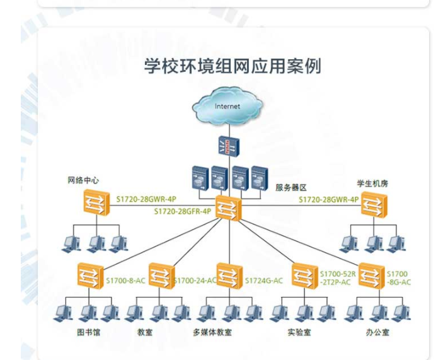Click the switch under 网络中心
[x=96, y=204]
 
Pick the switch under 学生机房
[x=374, y=204]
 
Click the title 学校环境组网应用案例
[x=232, y=66]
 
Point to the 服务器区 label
[x=290, y=187]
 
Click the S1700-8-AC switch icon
[x=89, y=275]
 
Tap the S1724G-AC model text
[x=263, y=280]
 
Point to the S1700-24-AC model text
[x=195, y=280]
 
